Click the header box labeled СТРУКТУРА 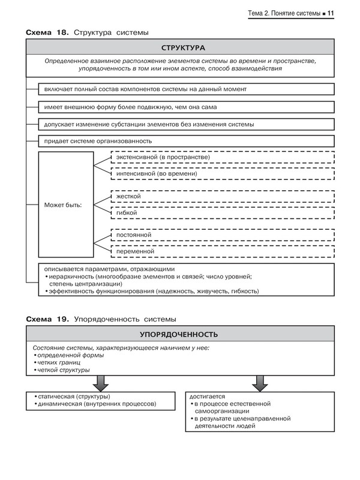click(x=179, y=47)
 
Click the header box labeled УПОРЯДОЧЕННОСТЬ click(x=179, y=334)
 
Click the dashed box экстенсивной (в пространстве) click(x=223, y=158)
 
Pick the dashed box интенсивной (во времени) click(x=223, y=173)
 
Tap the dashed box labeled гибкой click(x=223, y=213)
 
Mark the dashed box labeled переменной click(x=223, y=251)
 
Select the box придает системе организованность click(x=185, y=141)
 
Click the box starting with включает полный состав click(x=185, y=89)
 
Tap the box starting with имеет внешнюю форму click(x=185, y=107)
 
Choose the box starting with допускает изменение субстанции click(x=185, y=124)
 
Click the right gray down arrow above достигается click(x=259, y=382)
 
